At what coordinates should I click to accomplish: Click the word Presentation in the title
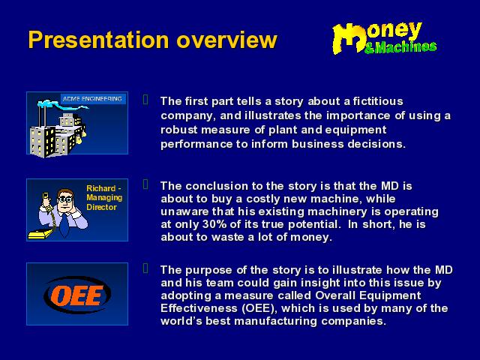click(98, 40)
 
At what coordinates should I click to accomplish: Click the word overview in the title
click(226, 40)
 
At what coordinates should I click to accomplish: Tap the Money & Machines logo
click(384, 38)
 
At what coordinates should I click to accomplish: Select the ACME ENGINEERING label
click(92, 99)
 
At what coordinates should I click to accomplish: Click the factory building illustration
click(58, 135)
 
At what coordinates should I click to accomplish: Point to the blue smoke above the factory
click(61, 105)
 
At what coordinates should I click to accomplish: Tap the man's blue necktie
click(64, 225)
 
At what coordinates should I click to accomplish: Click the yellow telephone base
click(40, 234)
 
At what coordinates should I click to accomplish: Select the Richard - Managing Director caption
click(104, 198)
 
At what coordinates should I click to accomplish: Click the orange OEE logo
click(77, 295)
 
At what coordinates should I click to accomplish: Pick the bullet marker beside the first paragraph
click(145, 100)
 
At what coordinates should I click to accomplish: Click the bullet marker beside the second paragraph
click(145, 184)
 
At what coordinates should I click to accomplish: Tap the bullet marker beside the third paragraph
click(145, 268)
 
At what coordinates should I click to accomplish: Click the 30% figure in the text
click(214, 224)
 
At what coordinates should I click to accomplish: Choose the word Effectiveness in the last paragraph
click(199, 308)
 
